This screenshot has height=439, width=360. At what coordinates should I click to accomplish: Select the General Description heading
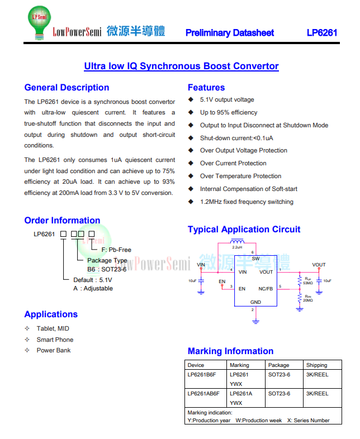coord(67,87)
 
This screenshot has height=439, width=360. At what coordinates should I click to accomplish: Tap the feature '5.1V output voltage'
coord(227,99)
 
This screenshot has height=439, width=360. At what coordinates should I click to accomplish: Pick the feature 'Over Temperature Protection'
coord(240,176)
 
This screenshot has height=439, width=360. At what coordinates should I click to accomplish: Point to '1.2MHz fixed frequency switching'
coord(247,202)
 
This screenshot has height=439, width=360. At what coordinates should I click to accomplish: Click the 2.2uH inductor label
coord(237,247)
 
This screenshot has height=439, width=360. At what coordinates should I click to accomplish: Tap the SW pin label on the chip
coord(255,259)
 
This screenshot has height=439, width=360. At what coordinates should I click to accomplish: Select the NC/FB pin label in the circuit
coord(266,289)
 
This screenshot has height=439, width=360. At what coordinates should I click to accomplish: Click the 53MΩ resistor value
coord(308,283)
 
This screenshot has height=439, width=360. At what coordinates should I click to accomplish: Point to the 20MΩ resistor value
coord(308,300)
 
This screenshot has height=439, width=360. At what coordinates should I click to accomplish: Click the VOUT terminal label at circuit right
coord(319,265)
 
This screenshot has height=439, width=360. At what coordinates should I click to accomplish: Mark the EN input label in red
coord(222,281)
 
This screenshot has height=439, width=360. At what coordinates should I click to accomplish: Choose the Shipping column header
coord(316,365)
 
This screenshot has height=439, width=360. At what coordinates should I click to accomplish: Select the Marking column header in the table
coord(239,365)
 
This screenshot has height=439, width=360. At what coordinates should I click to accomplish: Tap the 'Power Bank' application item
coord(54,350)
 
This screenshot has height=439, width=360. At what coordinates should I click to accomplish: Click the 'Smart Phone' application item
coord(55,340)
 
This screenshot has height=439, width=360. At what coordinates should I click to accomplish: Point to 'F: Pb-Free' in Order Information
coord(116,250)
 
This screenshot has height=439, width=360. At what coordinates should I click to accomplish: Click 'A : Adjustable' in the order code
coord(93,288)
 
